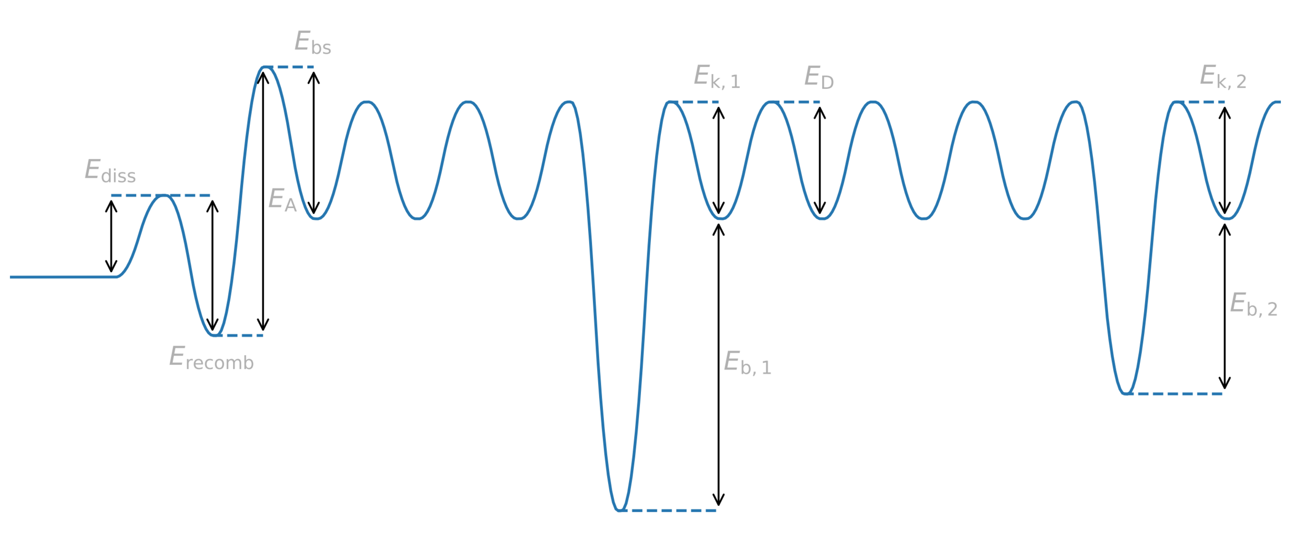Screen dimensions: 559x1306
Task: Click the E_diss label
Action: (x=110, y=171)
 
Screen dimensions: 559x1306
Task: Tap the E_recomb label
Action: (x=211, y=358)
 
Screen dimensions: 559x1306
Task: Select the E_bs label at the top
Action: (x=312, y=43)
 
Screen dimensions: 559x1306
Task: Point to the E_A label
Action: (x=282, y=200)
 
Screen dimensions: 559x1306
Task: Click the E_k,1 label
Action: (x=716, y=77)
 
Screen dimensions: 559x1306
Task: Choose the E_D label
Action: (x=819, y=77)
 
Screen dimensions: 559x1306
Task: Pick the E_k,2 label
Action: (x=1222, y=77)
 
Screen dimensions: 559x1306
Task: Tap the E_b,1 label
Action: (x=747, y=363)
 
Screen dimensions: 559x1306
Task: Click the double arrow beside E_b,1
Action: (x=718, y=366)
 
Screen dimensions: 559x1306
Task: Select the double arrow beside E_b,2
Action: (x=1225, y=307)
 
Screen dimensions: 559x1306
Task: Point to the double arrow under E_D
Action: (x=820, y=160)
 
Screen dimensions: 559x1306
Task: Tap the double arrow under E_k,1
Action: (x=718, y=160)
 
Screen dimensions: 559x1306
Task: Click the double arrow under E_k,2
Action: (x=1225, y=160)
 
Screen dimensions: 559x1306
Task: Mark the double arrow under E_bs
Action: (x=313, y=143)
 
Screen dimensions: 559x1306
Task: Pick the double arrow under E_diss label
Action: (x=111, y=236)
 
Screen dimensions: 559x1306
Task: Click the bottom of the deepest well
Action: (x=619, y=509)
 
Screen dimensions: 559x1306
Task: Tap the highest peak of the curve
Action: (x=266, y=67)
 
